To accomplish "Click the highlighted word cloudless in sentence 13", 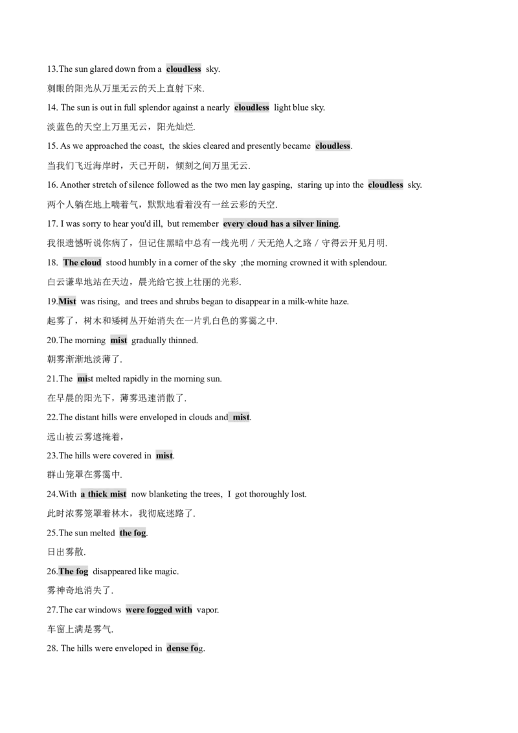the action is tap(184, 69).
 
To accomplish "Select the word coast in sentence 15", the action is tap(153, 146).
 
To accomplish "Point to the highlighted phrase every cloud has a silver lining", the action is tap(281, 224).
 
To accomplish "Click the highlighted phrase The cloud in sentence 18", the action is tap(82, 263).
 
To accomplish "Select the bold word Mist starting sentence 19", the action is tap(67, 302).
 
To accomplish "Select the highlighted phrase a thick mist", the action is tap(104, 494).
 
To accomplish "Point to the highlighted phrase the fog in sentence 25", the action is tap(133, 533).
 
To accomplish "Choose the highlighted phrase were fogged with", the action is tap(159, 610).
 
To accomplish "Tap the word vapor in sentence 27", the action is tap(207, 610).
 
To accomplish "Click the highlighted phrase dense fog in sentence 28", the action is tap(185, 649).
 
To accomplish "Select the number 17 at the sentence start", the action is tap(51, 224).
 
